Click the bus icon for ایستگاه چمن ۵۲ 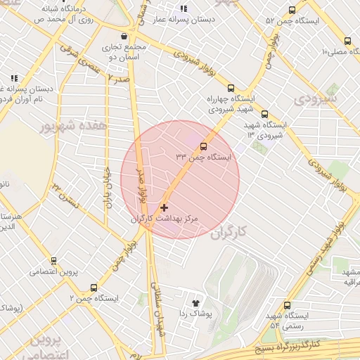pos(292,10)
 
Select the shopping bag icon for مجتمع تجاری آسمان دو pos(124,36)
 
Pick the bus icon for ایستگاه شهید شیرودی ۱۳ pos(264,114)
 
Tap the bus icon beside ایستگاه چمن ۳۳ pos(203,146)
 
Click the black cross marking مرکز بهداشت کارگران pos(165,207)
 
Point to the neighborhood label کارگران pos(230,231)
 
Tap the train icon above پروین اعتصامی pos(53,259)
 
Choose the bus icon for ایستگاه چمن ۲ pos(94,287)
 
